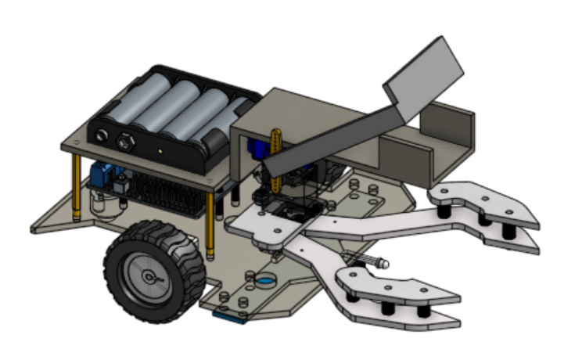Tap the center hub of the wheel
point(149,275)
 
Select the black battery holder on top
point(168,117)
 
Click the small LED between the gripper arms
point(382,265)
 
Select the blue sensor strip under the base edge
point(231,315)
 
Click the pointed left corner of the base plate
point(35,229)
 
